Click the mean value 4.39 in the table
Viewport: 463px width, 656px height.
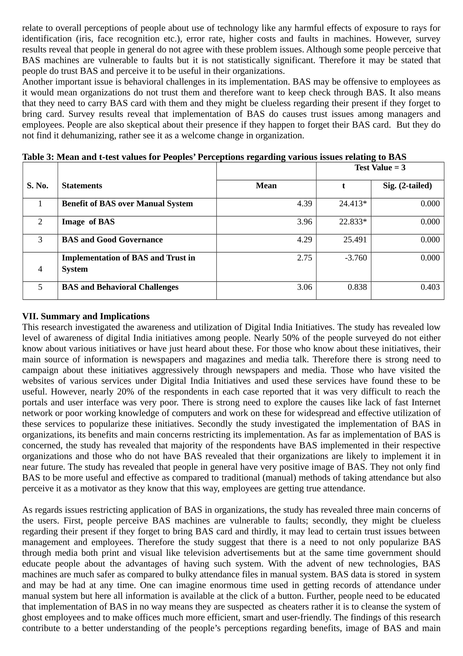304,204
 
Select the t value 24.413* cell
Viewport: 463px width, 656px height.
353,204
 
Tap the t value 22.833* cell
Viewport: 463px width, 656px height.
353,222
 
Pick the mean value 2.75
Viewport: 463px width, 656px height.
304,258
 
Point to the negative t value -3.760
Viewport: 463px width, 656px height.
356,258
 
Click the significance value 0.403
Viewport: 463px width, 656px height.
430,287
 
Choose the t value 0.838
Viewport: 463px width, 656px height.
357,287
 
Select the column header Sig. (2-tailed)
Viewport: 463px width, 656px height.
407,186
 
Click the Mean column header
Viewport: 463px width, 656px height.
266,186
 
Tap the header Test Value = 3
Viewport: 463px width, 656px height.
380,168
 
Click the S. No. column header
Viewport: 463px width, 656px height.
37,186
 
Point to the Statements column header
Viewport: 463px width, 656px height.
82,186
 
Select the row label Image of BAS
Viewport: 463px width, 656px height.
88,222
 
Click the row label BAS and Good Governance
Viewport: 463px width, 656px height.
112,240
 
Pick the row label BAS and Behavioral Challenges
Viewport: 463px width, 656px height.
120,287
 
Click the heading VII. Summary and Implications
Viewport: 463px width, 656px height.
86,316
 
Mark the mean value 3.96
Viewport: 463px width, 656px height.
304,222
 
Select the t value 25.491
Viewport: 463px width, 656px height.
355,240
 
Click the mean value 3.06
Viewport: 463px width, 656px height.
304,287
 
